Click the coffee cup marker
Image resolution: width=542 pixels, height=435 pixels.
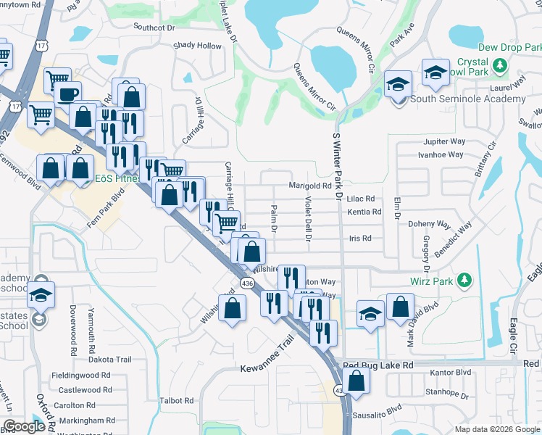[68, 95]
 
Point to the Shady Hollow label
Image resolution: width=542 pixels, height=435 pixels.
[197, 46]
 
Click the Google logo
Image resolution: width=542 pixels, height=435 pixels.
[24, 426]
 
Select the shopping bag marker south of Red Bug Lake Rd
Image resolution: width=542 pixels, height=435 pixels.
[357, 380]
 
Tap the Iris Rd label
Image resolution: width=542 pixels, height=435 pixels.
[360, 238]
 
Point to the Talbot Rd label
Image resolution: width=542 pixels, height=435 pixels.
[177, 400]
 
